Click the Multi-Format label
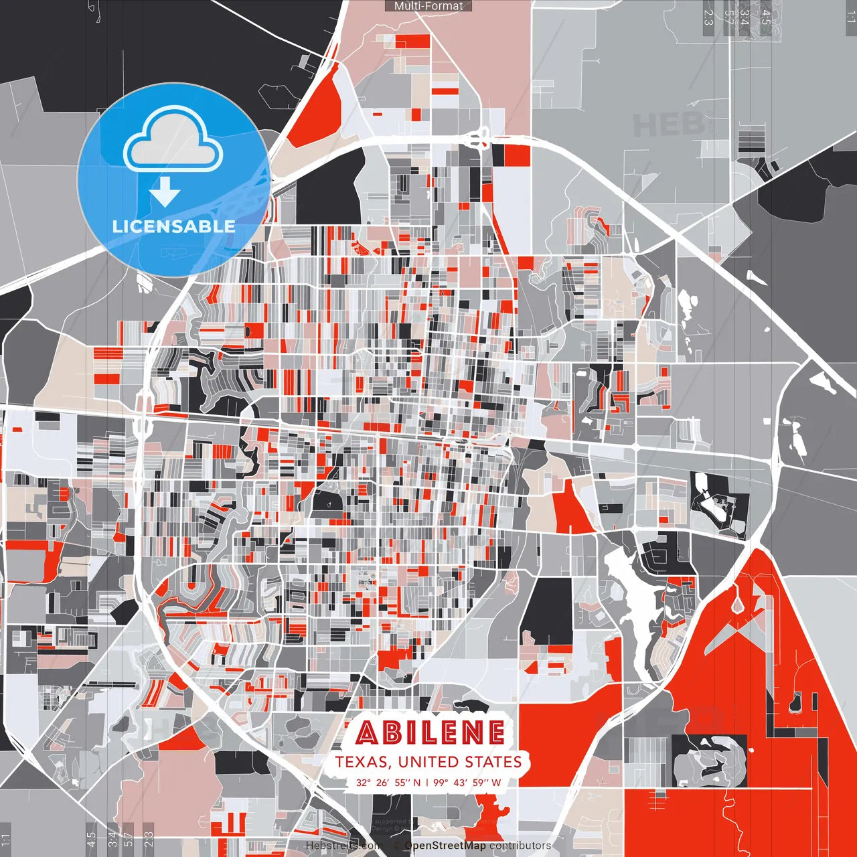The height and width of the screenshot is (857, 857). pos(428,6)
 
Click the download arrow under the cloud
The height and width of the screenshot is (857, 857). pos(165,193)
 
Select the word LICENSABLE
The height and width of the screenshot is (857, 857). pos(173,226)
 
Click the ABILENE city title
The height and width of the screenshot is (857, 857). pos(430,733)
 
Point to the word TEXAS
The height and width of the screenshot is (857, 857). pos(362,762)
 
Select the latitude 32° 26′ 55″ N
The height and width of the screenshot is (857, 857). pos(388,782)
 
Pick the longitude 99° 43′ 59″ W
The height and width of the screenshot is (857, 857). pos(467,782)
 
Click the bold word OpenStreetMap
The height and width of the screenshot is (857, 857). pos(445,846)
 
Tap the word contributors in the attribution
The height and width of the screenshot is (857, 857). pos(520,846)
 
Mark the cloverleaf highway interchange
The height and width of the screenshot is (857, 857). pos(477,139)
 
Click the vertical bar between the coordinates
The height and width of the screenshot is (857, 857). pos(427,782)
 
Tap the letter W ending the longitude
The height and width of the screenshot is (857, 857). pos(496,782)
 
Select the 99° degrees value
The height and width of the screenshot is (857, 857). pos(440,782)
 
